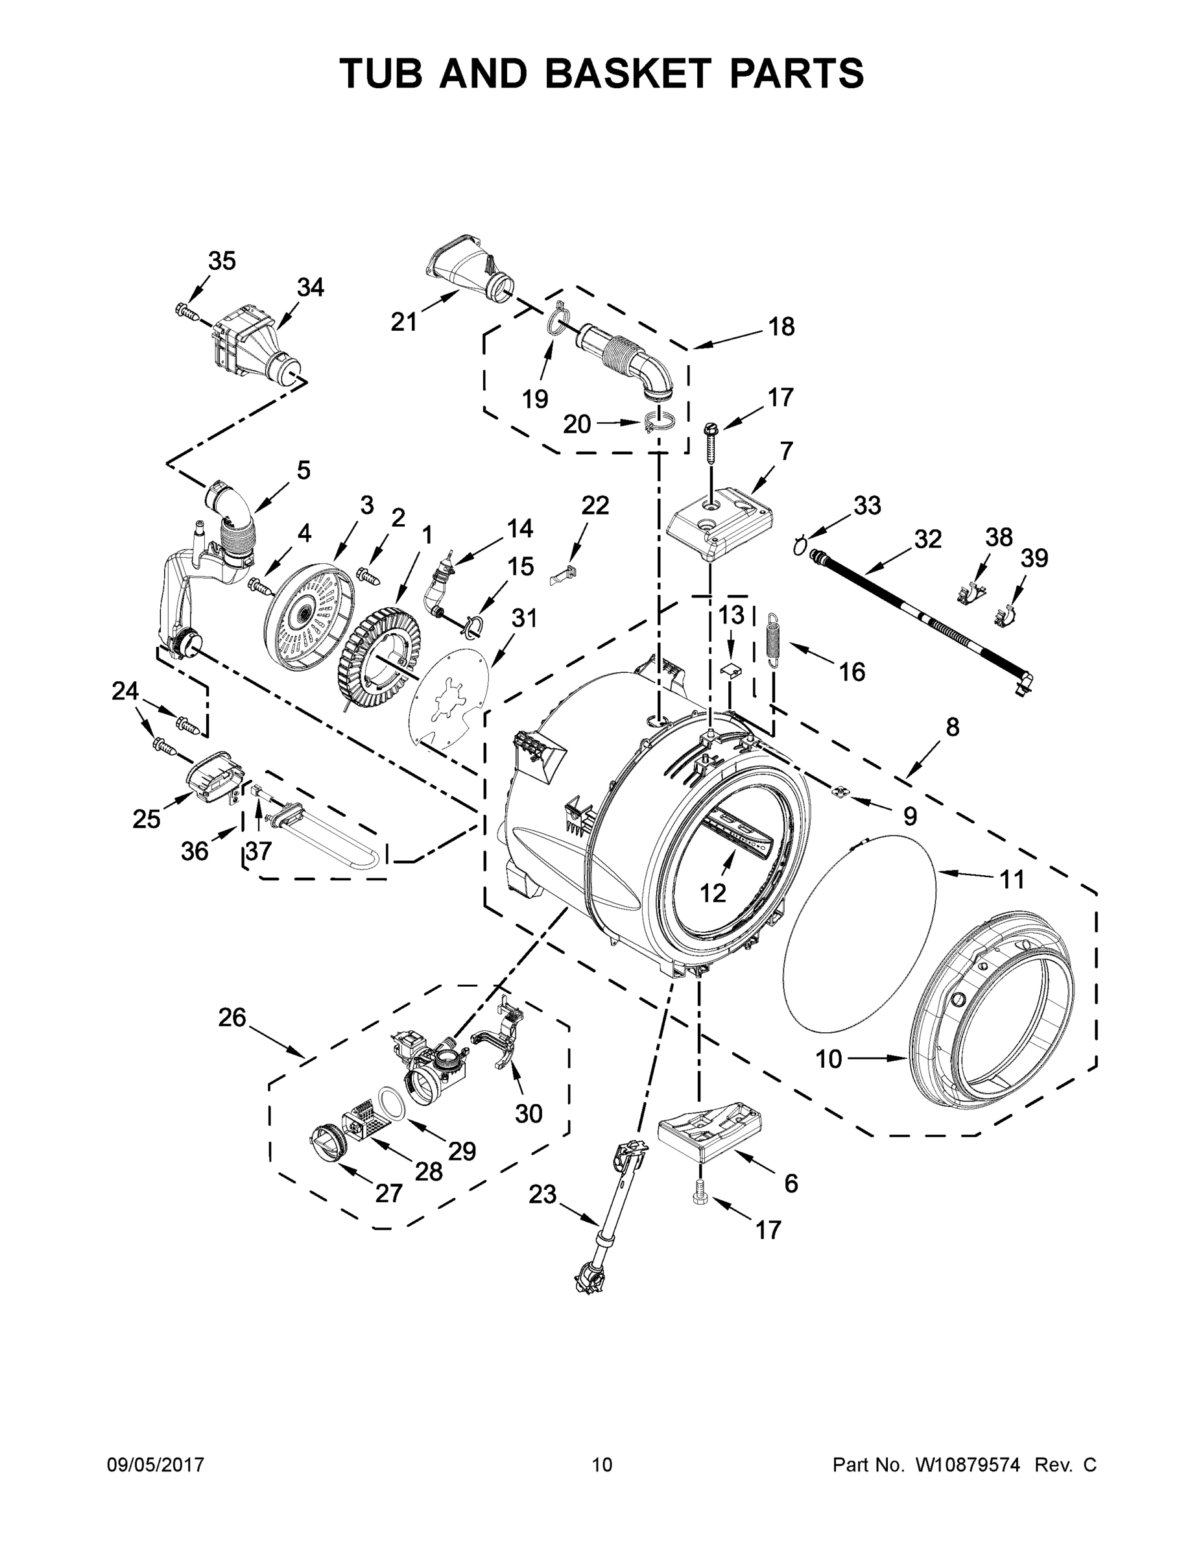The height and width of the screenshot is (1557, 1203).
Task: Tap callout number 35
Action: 222,261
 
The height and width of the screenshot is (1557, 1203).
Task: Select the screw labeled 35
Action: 185,309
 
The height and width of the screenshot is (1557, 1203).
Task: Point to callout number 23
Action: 542,1194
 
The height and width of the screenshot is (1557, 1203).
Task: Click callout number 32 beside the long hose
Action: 927,539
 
